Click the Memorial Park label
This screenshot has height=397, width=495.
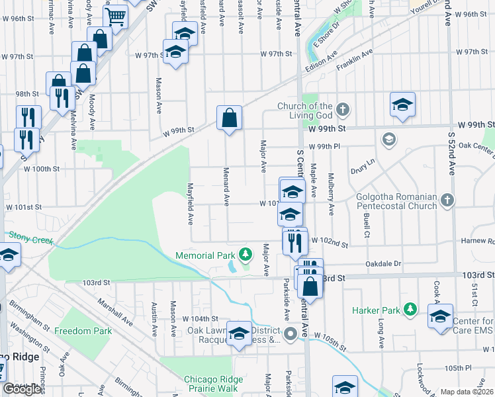tap(205, 255)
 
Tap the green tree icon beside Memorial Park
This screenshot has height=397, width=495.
tap(246, 253)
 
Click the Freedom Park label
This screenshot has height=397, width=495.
tap(83, 330)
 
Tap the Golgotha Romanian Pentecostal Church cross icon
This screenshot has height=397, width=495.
tap(448, 200)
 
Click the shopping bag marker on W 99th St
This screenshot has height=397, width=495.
tap(229, 119)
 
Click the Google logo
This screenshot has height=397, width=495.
tap(22, 389)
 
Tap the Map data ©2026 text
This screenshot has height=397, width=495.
tap(467, 392)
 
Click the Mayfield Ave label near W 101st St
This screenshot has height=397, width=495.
tap(190, 202)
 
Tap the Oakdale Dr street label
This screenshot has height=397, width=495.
tap(383, 263)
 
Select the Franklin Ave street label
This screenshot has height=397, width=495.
tap(355, 63)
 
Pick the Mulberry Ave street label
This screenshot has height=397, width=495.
tap(330, 198)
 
